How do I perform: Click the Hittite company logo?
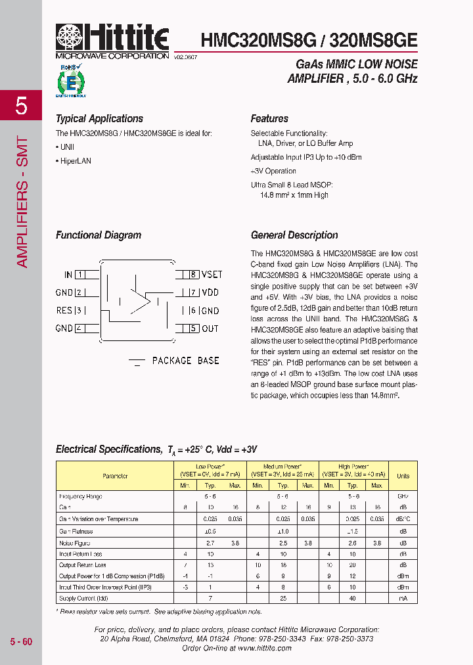(112, 41)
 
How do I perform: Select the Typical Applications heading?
(99, 119)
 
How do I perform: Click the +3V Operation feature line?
(273, 172)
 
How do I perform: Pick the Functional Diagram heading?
(98, 235)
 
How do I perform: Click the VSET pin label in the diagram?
(212, 274)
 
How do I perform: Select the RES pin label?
(64, 311)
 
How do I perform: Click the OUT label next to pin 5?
(210, 329)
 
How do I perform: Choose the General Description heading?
(294, 235)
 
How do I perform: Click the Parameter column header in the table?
(115, 476)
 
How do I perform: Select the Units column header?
(403, 476)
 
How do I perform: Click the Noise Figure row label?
(74, 543)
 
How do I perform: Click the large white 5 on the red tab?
(21, 106)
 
